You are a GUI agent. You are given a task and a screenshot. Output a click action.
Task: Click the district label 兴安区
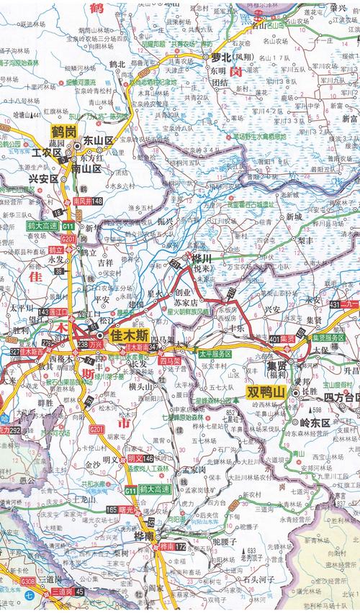44,177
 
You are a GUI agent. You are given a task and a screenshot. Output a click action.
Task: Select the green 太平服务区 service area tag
215,355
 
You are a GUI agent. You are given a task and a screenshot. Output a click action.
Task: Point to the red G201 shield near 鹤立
69,238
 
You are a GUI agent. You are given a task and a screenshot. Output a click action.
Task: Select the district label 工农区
46,153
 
